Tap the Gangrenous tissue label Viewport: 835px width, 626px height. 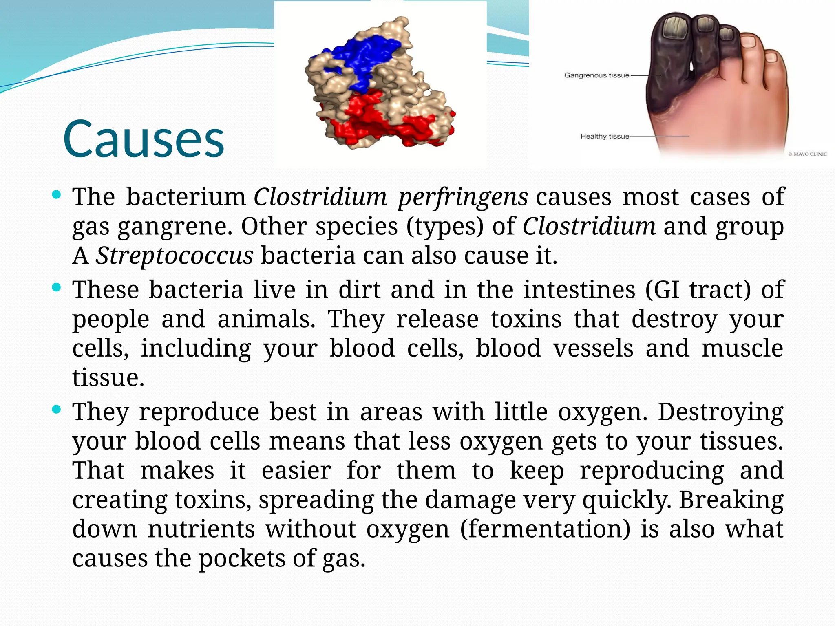[x=596, y=75]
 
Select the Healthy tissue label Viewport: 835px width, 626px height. [x=605, y=136]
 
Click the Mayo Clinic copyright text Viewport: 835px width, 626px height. [x=807, y=154]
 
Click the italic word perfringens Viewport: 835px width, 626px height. [x=463, y=197]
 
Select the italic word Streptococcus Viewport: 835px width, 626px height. [x=175, y=256]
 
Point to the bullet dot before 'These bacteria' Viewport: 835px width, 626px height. [x=57, y=288]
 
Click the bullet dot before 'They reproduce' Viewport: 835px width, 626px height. [x=57, y=409]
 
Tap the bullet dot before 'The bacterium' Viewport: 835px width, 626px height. [x=57, y=194]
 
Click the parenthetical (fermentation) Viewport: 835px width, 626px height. [x=545, y=529]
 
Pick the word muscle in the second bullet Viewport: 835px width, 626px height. [x=742, y=348]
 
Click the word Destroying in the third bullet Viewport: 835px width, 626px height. [x=720, y=412]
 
